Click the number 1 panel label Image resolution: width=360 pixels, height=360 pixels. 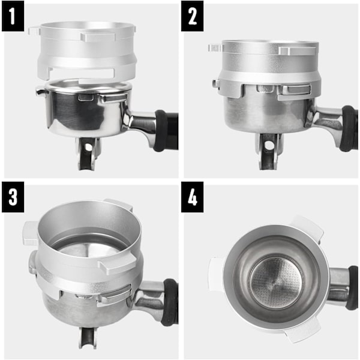[x=13, y=16]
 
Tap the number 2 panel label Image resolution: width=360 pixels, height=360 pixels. [x=192, y=16]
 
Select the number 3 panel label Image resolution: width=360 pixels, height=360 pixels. [x=13, y=197]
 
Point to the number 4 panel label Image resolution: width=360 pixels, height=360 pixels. [x=192, y=197]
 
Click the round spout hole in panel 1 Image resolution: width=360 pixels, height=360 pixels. [x=88, y=147]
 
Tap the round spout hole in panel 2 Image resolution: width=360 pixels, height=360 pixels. [x=268, y=145]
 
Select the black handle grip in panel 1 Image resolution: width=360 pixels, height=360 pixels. [x=166, y=130]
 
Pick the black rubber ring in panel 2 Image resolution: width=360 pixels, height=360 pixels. [x=349, y=128]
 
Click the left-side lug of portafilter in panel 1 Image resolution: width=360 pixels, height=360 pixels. [x=42, y=92]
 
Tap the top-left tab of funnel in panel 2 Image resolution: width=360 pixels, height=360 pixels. [x=215, y=48]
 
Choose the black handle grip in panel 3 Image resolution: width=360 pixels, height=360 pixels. [x=170, y=302]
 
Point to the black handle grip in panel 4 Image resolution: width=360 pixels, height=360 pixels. [x=352, y=287]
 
